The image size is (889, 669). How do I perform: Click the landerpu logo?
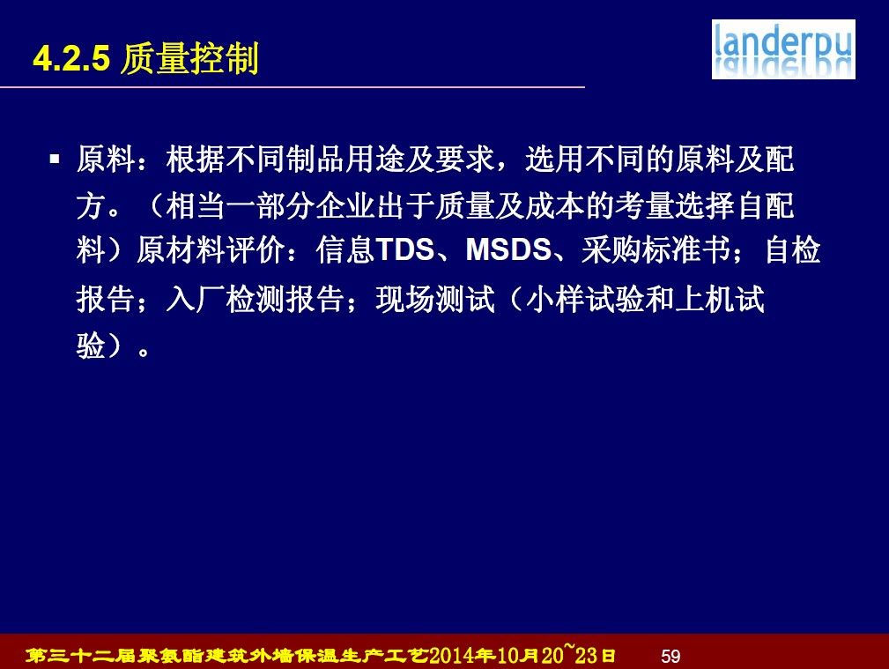783,49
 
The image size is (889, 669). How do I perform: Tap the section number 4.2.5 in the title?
71,58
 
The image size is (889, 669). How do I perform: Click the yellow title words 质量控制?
190,58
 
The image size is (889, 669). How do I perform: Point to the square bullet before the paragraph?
55,159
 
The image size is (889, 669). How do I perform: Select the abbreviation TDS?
404,249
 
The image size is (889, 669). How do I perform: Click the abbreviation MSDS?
508,249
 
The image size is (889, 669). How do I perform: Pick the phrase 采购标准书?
656,249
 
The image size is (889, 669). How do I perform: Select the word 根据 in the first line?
196,159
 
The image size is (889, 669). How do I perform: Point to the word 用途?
374,159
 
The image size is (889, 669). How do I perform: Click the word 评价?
256,249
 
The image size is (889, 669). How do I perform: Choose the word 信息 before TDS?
345,249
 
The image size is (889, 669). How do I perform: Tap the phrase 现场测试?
435,299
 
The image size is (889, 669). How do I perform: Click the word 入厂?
196,299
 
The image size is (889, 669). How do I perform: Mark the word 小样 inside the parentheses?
554,299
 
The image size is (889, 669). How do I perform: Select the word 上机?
704,299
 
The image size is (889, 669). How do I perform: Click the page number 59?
670,656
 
